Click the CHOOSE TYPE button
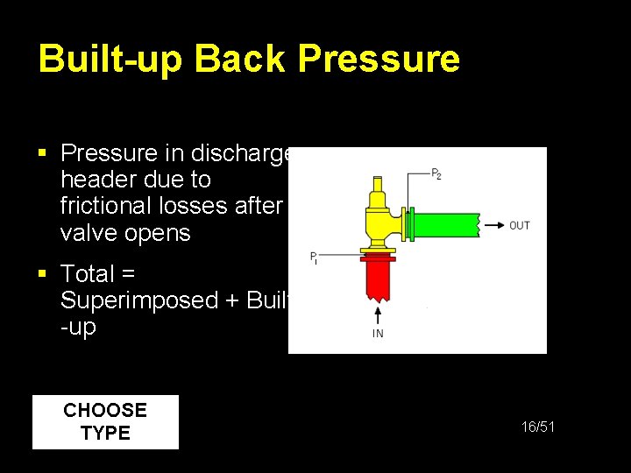(x=105, y=421)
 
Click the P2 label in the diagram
(x=436, y=173)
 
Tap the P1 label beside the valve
(x=314, y=258)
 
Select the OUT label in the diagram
(x=520, y=226)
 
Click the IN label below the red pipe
(x=378, y=334)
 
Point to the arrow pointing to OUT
(x=494, y=225)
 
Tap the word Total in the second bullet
(x=89, y=274)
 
